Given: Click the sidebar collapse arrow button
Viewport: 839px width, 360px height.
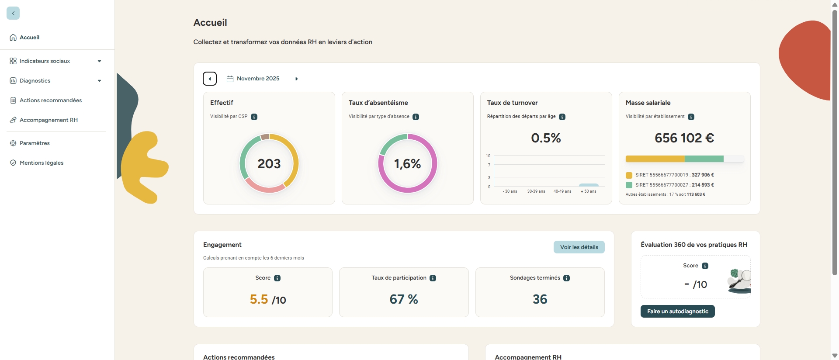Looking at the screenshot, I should (x=13, y=13).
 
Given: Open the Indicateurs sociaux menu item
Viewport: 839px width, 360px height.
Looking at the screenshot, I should (x=45, y=61).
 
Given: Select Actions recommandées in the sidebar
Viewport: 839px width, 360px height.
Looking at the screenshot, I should (x=50, y=100).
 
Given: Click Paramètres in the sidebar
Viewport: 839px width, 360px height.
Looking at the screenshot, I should (x=35, y=143).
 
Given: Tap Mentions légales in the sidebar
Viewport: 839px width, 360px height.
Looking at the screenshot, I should (x=42, y=163).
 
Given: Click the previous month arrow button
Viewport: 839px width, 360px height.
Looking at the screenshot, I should (x=210, y=79).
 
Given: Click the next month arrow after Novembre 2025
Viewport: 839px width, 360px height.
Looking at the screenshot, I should (x=297, y=79).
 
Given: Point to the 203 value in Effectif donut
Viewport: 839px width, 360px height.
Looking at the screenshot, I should (x=269, y=164).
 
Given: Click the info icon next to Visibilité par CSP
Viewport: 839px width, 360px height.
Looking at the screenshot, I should (x=254, y=117).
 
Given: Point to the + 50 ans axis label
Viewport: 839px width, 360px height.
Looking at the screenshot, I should (x=588, y=191).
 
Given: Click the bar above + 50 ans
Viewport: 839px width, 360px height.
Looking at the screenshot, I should (x=589, y=185).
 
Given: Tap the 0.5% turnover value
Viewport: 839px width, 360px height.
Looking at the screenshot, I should (x=546, y=138).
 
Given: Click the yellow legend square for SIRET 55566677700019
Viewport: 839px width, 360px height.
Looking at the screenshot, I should (x=629, y=175).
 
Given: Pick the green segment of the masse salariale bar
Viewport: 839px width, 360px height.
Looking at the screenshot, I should (x=704, y=159).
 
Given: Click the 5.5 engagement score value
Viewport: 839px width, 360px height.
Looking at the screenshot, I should (x=259, y=299).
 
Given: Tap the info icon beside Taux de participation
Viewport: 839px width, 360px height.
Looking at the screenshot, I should (x=433, y=278).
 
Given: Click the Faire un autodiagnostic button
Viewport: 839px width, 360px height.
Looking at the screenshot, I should (x=677, y=312).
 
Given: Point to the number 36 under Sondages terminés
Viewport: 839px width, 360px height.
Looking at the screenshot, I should (x=540, y=299).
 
